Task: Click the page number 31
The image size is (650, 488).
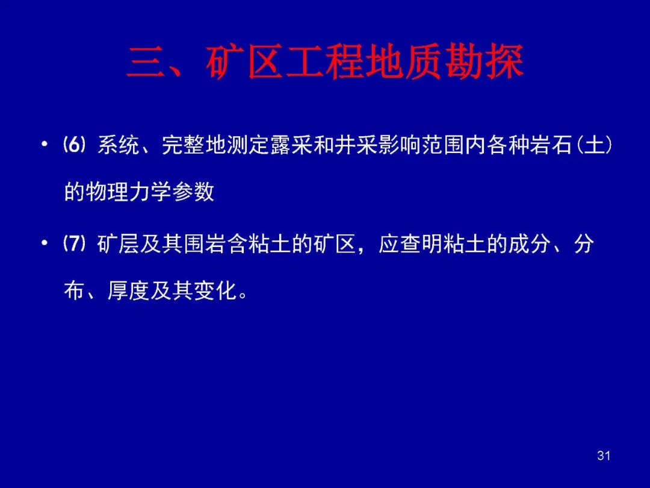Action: (604, 455)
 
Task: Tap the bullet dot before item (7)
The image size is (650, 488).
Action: (45, 243)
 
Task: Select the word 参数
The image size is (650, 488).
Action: (193, 192)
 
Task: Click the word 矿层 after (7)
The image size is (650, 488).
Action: (119, 243)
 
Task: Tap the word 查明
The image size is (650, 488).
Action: (421, 243)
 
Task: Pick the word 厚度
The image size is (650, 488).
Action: (129, 290)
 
